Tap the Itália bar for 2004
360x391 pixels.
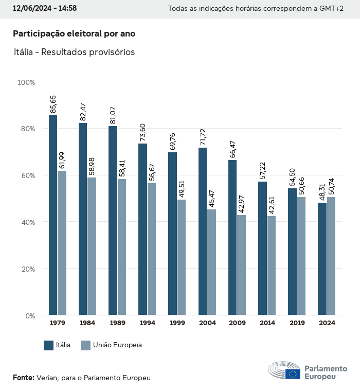[203, 231]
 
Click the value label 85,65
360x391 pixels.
[53, 104]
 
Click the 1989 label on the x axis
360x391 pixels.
[117, 323]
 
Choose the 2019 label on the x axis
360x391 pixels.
[297, 323]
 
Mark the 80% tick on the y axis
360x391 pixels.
[27, 129]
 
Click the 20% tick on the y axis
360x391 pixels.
[27, 269]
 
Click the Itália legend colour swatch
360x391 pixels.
[49, 345]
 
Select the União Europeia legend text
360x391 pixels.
[117, 345]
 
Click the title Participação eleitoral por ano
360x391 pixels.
[74, 33]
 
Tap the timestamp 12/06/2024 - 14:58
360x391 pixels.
[45, 8]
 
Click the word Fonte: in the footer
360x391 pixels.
[23, 378]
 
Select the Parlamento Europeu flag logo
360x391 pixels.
[293, 374]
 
